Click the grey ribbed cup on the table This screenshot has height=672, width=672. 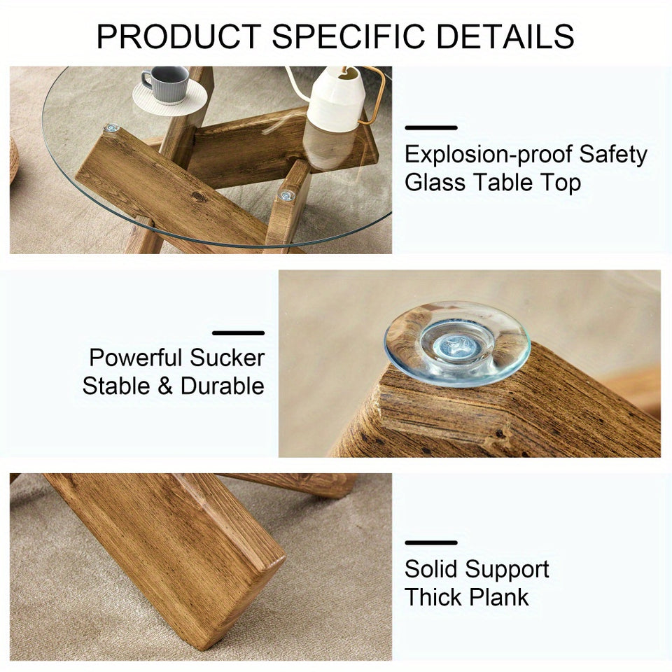pyautogui.click(x=165, y=84)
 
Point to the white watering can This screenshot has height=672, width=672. pyautogui.click(x=335, y=99)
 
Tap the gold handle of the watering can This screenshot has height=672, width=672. pyautogui.click(x=375, y=94)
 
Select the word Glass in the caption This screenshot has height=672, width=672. pyautogui.click(x=435, y=183)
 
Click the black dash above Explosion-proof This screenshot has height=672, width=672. pyautogui.click(x=431, y=128)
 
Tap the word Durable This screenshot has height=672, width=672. pyautogui.click(x=223, y=386)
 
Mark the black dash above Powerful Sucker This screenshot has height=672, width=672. pyautogui.click(x=238, y=333)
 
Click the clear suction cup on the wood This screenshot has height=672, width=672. pyautogui.click(x=456, y=343)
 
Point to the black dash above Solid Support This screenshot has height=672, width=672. pyautogui.click(x=431, y=542)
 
